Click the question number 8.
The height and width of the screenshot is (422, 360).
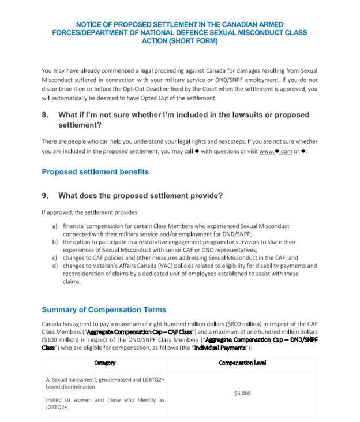click(x=45, y=115)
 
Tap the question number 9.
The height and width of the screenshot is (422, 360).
click(x=45, y=196)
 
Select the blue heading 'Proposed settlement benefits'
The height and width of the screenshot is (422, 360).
click(x=95, y=172)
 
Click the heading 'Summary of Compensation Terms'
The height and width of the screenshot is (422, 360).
click(x=104, y=310)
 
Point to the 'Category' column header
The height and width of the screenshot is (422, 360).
click(x=104, y=363)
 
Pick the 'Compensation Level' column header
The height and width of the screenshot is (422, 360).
click(x=242, y=363)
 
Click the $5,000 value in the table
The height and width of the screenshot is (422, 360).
click(x=242, y=394)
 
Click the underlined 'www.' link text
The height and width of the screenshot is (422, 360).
click(x=266, y=152)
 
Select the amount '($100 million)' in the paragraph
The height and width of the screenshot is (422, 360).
click(x=59, y=340)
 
